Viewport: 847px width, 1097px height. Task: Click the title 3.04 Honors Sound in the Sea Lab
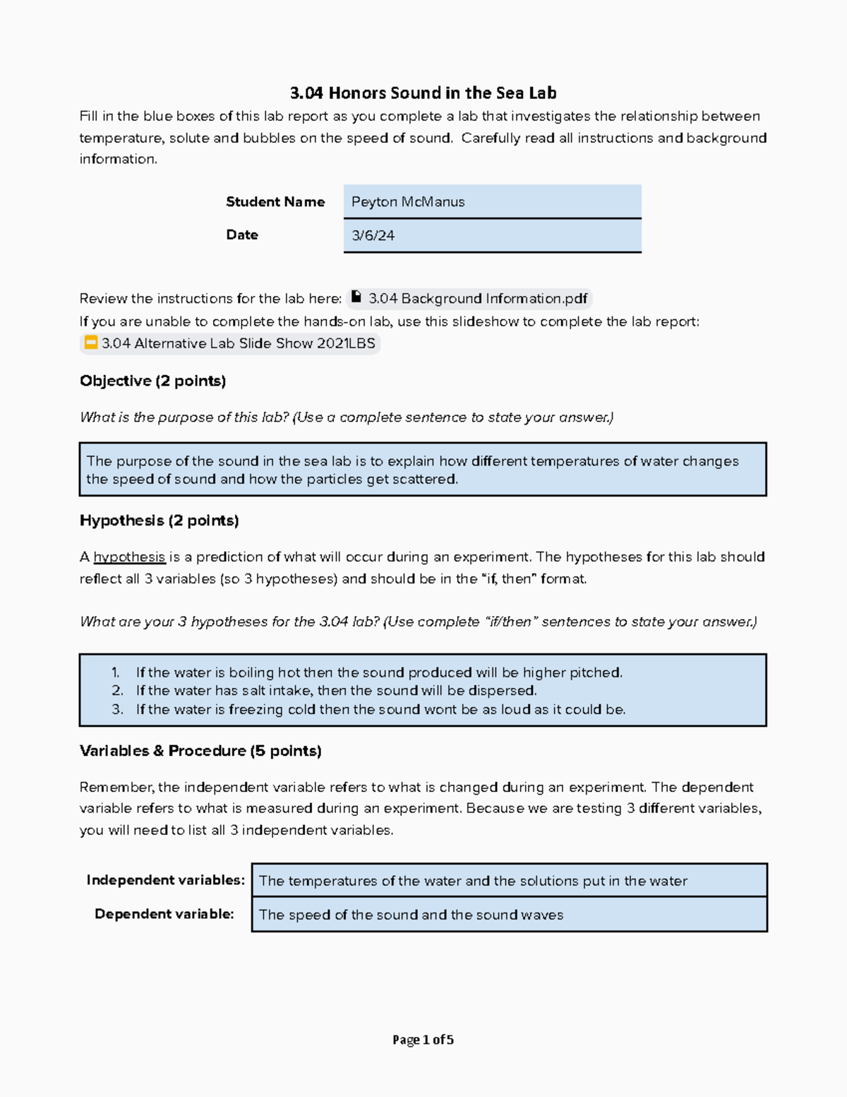[423, 93]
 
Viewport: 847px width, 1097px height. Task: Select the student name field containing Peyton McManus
[492, 202]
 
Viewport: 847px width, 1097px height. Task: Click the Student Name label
[275, 202]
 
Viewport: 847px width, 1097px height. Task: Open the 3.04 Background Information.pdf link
[477, 299]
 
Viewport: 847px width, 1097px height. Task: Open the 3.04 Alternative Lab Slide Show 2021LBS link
[238, 344]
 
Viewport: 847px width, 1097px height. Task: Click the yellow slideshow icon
[91, 343]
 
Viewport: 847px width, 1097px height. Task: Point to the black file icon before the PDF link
[357, 297]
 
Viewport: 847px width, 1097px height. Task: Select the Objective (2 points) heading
[152, 381]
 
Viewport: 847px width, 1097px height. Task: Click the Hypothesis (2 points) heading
[159, 521]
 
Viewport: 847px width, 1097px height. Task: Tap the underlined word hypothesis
[129, 557]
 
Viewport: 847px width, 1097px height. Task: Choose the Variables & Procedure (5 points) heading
[200, 751]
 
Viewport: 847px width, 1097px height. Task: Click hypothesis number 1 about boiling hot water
[379, 672]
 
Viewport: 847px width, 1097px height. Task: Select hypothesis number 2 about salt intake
[336, 691]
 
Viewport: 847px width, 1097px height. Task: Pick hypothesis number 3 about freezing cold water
[380, 709]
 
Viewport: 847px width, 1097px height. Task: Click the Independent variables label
[165, 880]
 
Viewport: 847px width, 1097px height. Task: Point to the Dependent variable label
[164, 914]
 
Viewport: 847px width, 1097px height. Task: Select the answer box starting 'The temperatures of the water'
[509, 881]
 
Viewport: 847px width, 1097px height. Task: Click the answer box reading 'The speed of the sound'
[509, 915]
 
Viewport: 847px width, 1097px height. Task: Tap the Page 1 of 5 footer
[423, 1040]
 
